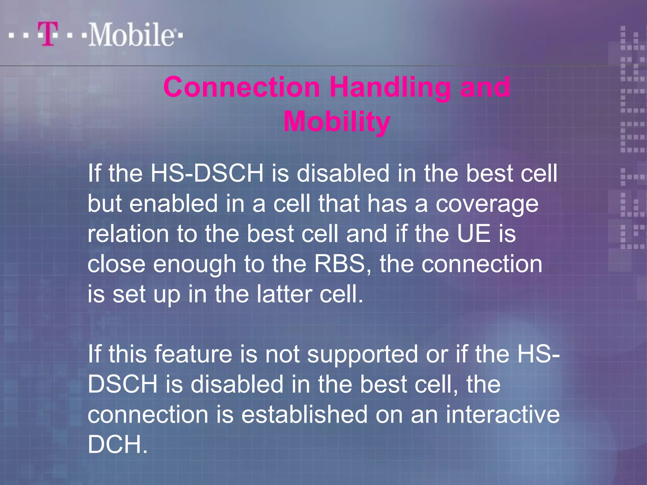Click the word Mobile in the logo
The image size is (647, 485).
tap(131, 35)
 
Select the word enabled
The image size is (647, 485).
tap(173, 203)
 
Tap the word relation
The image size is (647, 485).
tap(128, 234)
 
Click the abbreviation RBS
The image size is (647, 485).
tap(340, 264)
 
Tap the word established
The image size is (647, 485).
tap(305, 414)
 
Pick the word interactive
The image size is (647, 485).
tap(502, 414)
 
